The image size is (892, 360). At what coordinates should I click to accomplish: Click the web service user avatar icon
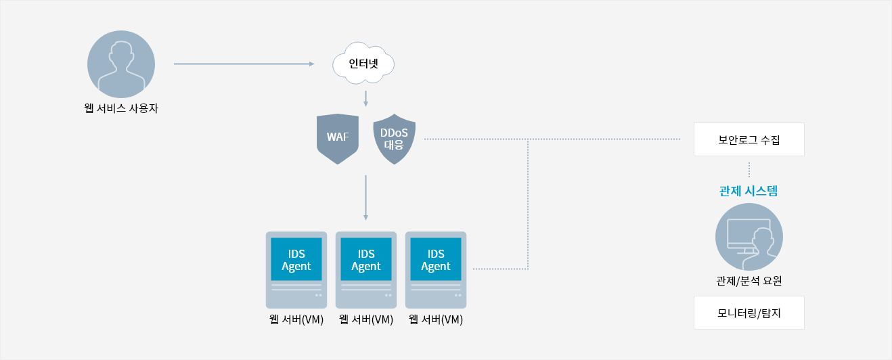[x=121, y=64]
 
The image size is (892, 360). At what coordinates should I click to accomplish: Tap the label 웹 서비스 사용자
[x=121, y=108]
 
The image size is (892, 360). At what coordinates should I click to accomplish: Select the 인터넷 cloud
[x=363, y=64]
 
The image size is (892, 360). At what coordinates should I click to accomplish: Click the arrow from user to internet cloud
[x=244, y=64]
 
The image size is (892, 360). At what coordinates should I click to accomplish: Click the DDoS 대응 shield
[x=395, y=139]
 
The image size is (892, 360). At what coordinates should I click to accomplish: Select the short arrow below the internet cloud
[x=365, y=99]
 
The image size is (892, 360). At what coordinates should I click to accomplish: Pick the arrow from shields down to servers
[x=365, y=198]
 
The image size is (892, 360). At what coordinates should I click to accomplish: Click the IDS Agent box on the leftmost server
[x=296, y=259]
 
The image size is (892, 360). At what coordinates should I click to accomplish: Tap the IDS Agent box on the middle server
[x=366, y=259]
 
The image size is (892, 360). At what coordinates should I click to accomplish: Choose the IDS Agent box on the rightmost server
[x=436, y=259]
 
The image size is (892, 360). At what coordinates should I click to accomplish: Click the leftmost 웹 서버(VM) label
[x=296, y=319]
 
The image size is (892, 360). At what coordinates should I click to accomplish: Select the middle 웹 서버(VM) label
[x=366, y=319]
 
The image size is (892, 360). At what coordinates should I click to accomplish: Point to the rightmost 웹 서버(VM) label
[x=436, y=319]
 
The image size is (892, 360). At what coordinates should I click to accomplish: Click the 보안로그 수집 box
[x=749, y=139]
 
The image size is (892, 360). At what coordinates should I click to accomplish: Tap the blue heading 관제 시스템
[x=749, y=191]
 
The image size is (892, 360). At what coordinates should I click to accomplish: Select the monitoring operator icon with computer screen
[x=749, y=237]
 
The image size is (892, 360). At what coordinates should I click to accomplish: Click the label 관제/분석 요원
[x=749, y=281]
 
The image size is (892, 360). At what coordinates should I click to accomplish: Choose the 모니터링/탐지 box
[x=749, y=313]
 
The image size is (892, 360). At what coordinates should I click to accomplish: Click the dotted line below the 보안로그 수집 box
[x=749, y=170]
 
